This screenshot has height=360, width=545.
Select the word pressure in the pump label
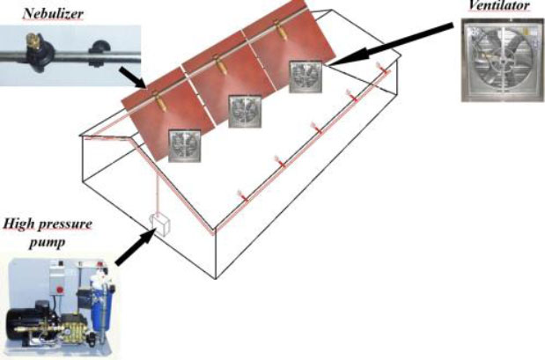click(67, 224)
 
